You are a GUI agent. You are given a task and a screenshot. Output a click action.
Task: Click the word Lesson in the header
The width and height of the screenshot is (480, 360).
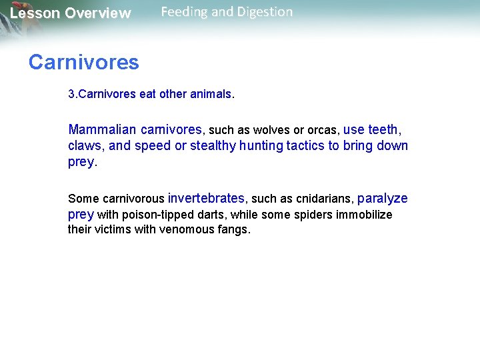point(34,13)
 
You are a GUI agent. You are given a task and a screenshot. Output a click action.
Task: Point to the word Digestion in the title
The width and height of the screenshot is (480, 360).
point(261,12)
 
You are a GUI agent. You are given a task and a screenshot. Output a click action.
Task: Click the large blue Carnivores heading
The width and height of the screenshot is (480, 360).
point(83,63)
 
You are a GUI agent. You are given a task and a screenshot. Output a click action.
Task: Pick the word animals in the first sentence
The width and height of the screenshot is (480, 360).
point(211,95)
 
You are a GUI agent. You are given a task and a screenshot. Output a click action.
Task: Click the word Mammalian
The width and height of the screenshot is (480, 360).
point(101,129)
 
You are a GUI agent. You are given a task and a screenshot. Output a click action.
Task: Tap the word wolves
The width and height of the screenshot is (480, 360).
point(272,130)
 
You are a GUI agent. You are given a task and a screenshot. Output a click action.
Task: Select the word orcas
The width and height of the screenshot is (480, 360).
point(321,130)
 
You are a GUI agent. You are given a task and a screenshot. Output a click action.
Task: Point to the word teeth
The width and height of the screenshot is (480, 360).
point(383,129)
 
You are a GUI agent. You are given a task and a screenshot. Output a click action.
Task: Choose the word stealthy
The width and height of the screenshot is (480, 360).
point(213,146)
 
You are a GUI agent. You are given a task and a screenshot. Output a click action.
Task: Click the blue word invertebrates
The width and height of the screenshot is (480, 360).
point(206,199)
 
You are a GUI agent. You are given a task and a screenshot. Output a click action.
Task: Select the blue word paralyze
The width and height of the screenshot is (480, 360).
point(383,199)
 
